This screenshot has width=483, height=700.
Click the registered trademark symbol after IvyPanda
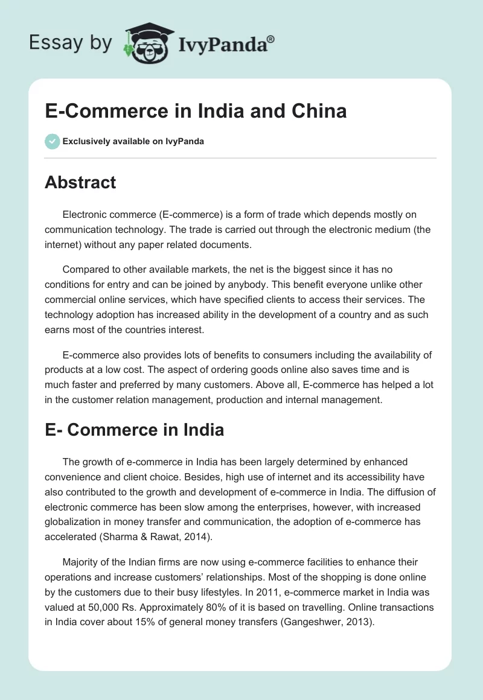(271, 39)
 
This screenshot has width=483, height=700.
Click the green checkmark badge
(52, 141)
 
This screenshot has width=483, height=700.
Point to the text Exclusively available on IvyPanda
(133, 142)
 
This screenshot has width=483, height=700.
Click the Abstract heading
(80, 182)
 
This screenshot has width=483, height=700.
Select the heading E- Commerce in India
(134, 430)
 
